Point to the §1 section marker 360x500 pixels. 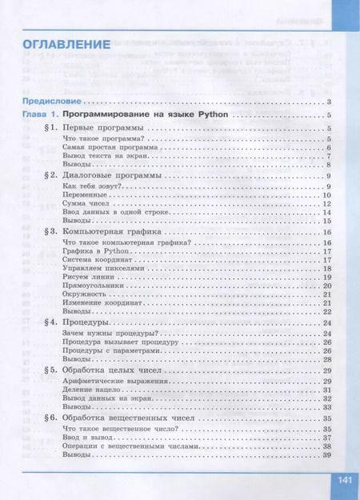tap(49, 128)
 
